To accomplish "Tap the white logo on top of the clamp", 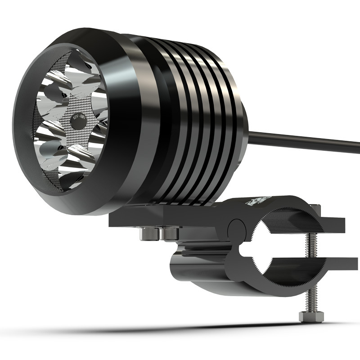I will pyautogui.click(x=258, y=201).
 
